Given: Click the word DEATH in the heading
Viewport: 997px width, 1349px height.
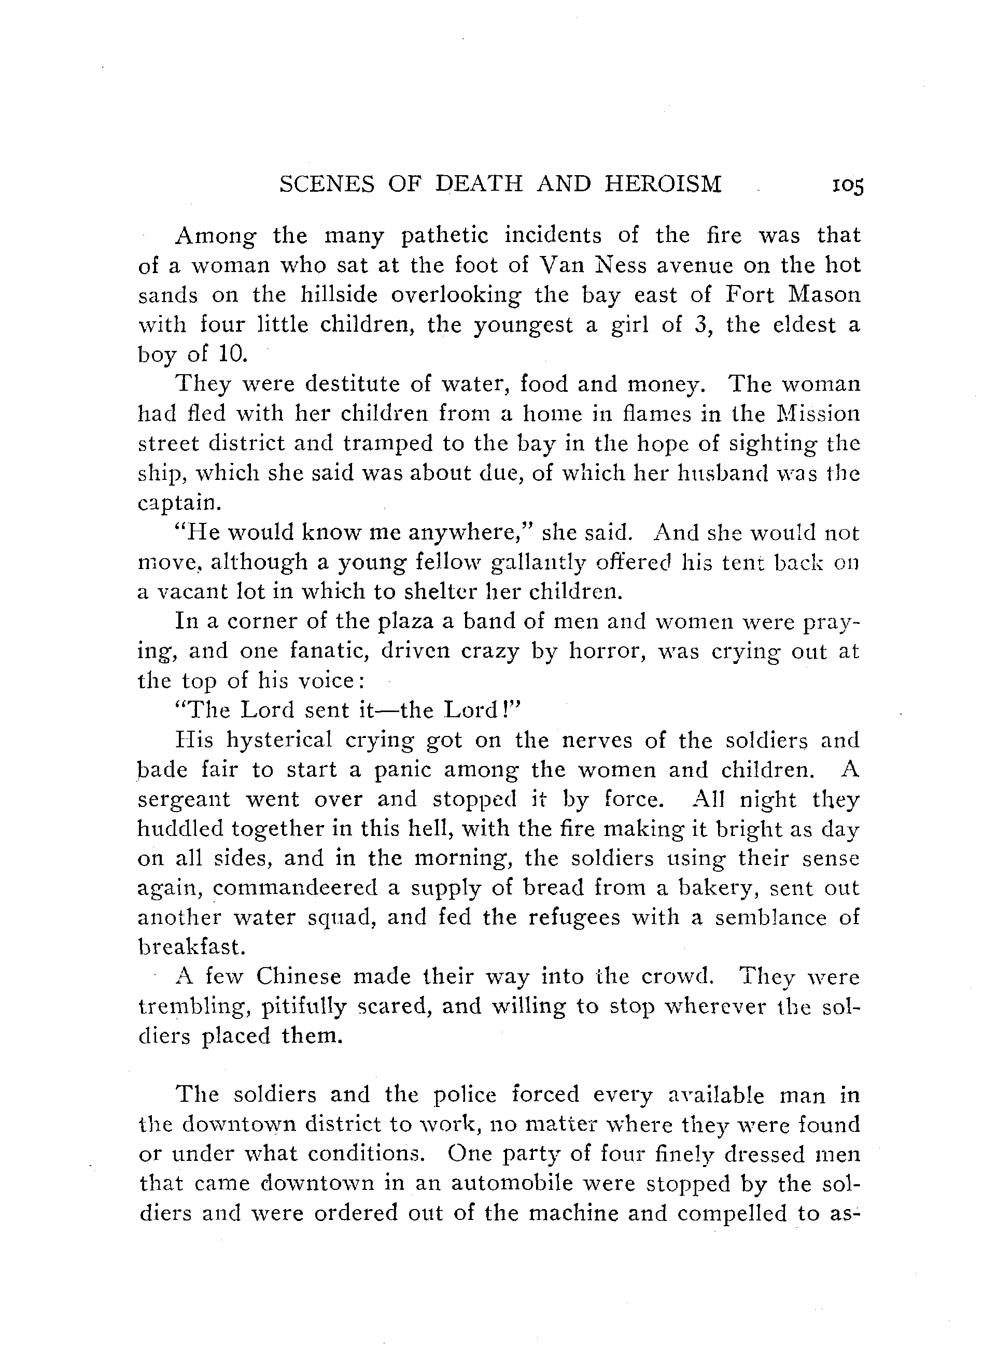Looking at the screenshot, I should pos(479,183).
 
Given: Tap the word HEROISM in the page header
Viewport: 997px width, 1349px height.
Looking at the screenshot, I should pos(663,183).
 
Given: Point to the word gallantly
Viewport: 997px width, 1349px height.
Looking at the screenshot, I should pos(538,562).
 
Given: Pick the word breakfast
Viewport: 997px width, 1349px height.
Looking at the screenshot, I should pos(191,947).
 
